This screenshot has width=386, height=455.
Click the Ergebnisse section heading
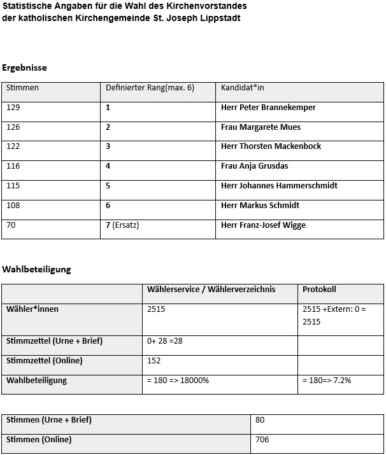pos(25,67)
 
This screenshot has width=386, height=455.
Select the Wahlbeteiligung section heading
pos(36,269)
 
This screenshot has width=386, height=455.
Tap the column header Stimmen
pos(22,88)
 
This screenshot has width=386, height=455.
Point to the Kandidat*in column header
pos(242,88)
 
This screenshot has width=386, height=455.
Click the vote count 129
pos(13,108)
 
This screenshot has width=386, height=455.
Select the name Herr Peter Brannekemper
pos(268,108)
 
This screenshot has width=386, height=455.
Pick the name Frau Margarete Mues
pos(261,127)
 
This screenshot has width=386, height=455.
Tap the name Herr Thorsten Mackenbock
pos(271,146)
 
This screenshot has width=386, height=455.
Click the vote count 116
pos(13,166)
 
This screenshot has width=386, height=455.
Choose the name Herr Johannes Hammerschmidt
pos(279,186)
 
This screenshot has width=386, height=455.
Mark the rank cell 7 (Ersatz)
pos(122,225)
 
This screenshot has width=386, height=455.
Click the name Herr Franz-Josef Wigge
pos(263,225)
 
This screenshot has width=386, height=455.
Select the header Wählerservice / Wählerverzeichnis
pos(211,290)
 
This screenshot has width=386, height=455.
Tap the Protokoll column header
pos(319,290)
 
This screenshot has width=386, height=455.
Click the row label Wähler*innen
pos(32,309)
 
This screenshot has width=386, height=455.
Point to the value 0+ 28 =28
pos(164,341)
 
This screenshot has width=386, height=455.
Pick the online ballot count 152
pos(154,361)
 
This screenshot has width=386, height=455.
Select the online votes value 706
pos(262,440)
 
